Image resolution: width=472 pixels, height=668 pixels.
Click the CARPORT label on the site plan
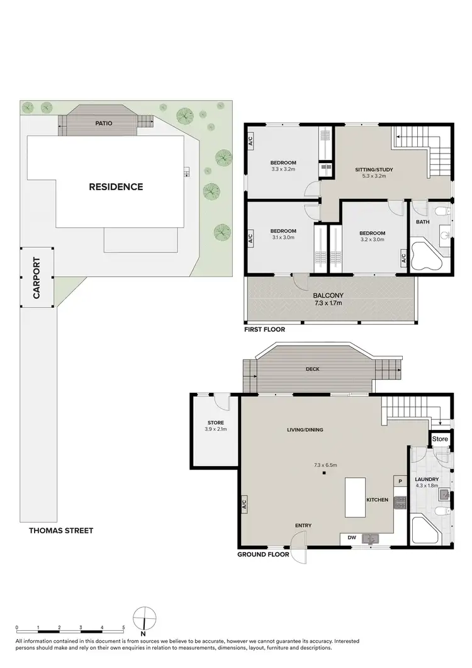(x=37, y=278)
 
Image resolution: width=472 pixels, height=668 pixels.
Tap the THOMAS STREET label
(x=61, y=531)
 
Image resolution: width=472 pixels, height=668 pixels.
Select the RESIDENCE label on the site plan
(x=116, y=186)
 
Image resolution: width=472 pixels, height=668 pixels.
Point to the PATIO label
(x=104, y=123)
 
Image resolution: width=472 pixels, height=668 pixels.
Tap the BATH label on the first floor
(x=422, y=222)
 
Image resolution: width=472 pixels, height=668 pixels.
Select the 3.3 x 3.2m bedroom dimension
(x=283, y=169)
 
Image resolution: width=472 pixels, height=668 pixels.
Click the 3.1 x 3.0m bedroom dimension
(x=283, y=238)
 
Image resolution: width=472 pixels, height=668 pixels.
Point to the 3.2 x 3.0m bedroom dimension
(x=372, y=240)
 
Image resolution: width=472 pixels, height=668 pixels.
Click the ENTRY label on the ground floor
(x=303, y=525)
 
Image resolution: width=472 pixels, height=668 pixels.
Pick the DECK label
(x=313, y=369)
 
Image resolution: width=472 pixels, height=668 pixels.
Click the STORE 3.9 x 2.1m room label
(x=215, y=426)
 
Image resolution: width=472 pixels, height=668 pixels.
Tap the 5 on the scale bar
(x=124, y=628)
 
